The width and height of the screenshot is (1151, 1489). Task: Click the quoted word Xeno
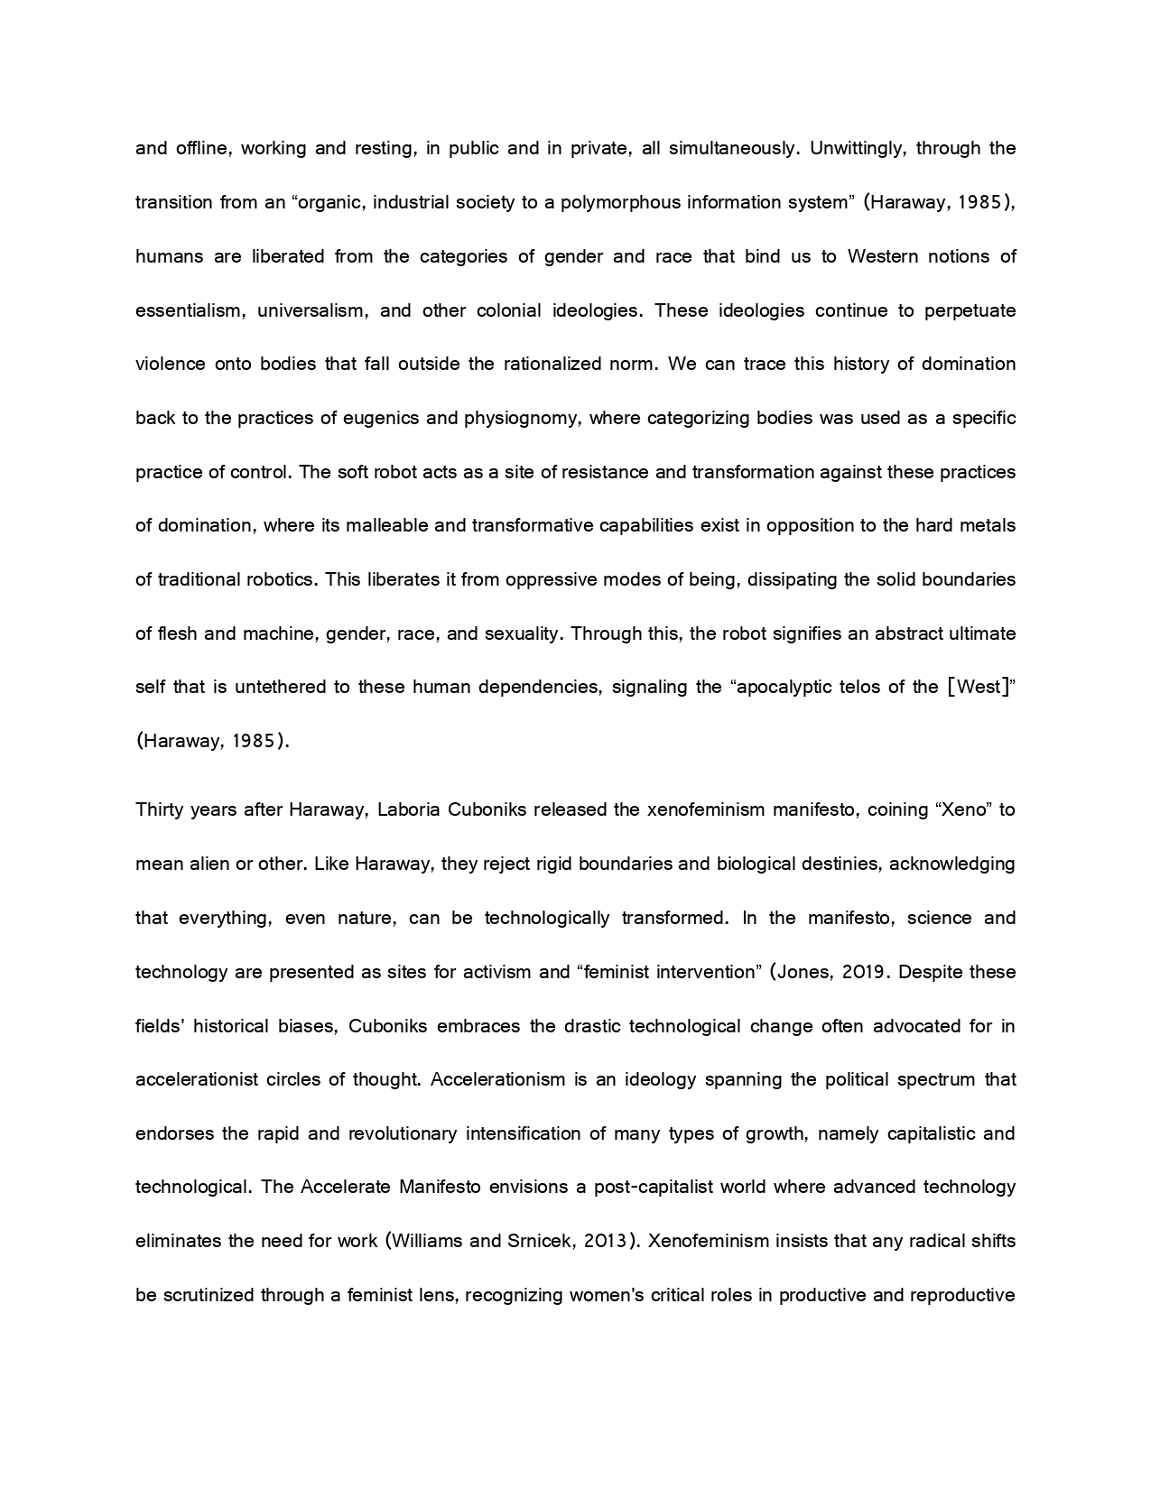[x=962, y=809]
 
